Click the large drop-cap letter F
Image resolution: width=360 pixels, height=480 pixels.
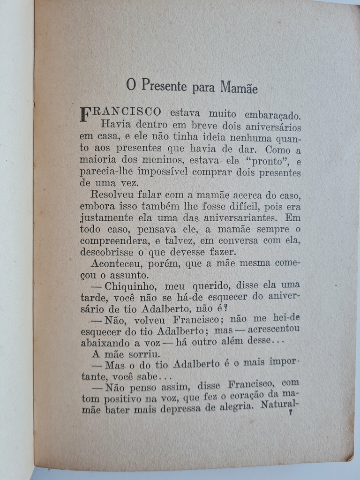(x=85, y=114)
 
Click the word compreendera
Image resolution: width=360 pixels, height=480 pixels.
(x=112, y=240)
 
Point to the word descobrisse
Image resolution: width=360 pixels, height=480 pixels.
(x=106, y=252)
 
